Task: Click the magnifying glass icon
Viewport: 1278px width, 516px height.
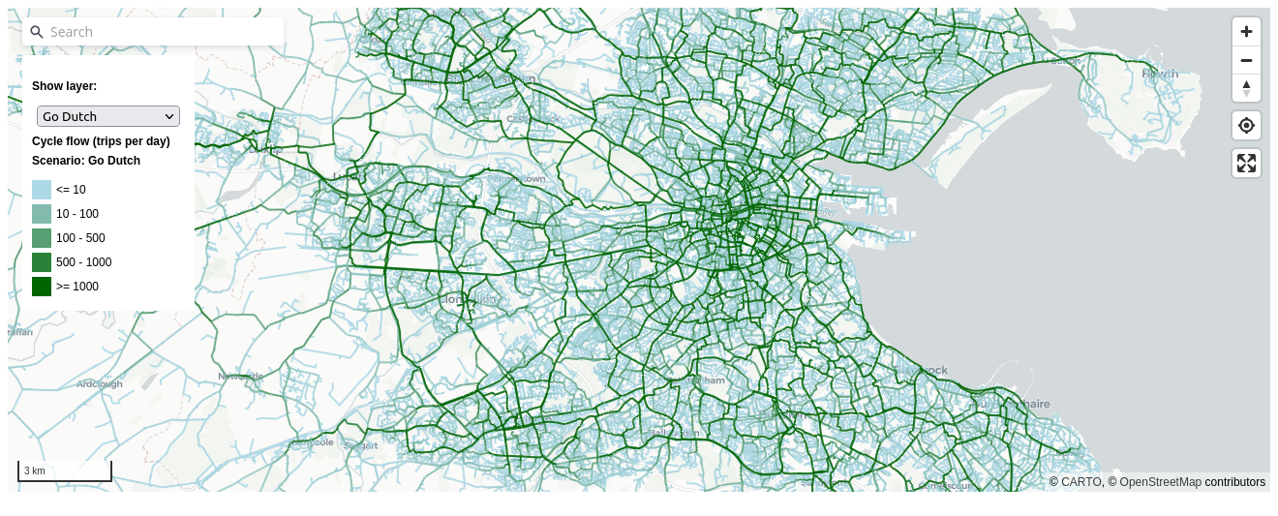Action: click(37, 32)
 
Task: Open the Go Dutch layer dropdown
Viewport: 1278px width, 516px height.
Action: click(108, 116)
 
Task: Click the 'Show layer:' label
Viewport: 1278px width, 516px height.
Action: click(64, 86)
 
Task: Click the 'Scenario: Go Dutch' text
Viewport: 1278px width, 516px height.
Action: click(85, 161)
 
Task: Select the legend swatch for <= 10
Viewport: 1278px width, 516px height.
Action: click(42, 190)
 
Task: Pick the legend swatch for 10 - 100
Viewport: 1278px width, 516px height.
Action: click(42, 214)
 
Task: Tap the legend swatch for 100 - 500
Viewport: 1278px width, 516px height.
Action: click(42, 238)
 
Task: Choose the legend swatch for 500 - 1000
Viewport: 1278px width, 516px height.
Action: click(42, 262)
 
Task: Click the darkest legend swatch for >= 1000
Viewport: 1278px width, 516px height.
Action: click(42, 287)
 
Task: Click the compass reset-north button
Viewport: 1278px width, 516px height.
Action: click(1246, 88)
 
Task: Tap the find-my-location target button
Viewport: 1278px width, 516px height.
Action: click(1246, 125)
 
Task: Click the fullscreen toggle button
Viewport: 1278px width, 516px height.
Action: click(1246, 163)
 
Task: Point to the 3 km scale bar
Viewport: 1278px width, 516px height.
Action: click(65, 471)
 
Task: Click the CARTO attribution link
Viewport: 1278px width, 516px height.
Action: click(1081, 482)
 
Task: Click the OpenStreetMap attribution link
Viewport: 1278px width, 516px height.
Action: click(1160, 482)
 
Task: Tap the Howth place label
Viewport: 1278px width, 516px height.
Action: click(1159, 73)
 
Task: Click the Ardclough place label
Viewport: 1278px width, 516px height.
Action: click(100, 384)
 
